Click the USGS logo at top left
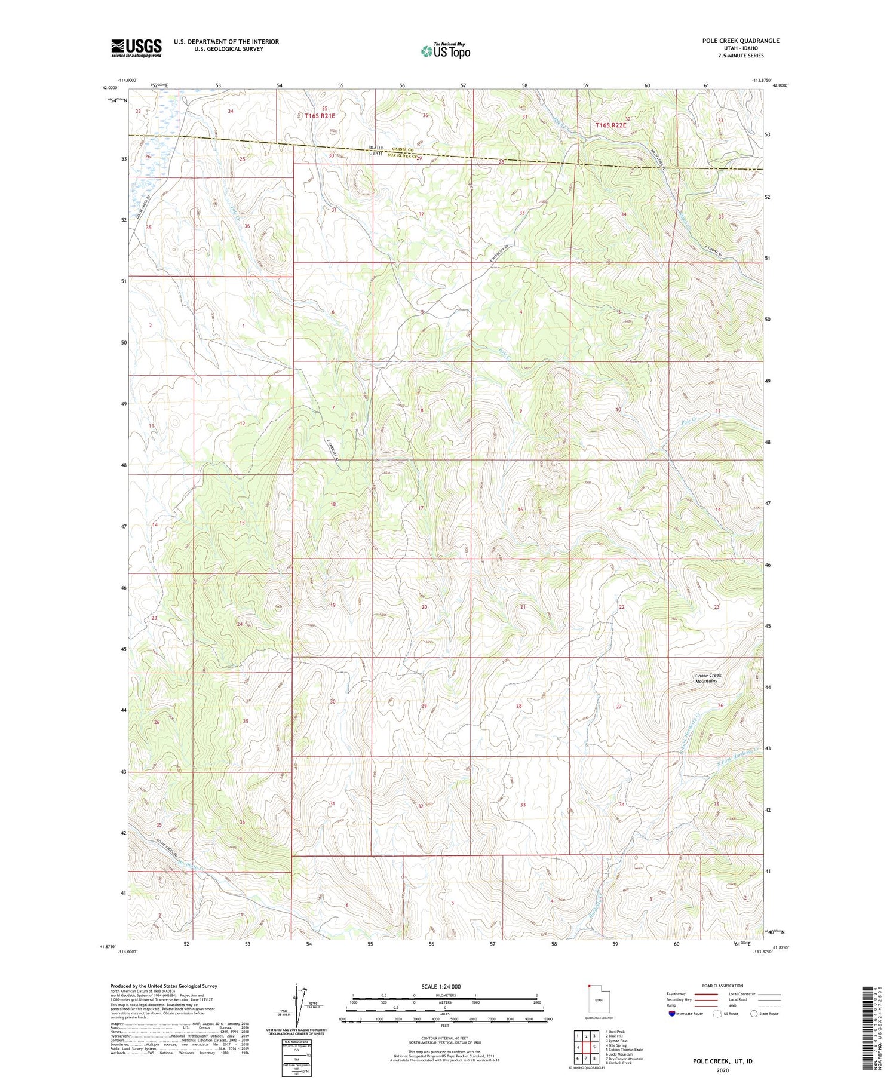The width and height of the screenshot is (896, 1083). point(136,48)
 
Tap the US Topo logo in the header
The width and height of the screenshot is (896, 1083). point(445,51)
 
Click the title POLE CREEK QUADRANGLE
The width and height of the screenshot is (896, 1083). point(741,41)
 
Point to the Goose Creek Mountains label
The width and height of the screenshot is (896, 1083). point(708,678)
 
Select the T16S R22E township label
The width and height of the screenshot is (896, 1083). point(611,125)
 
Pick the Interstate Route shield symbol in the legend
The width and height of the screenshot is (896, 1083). point(671,1014)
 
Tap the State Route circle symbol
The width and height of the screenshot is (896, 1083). point(754,1013)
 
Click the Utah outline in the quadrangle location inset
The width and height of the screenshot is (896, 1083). point(598,1000)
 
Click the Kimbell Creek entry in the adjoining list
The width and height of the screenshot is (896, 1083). point(619,1063)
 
